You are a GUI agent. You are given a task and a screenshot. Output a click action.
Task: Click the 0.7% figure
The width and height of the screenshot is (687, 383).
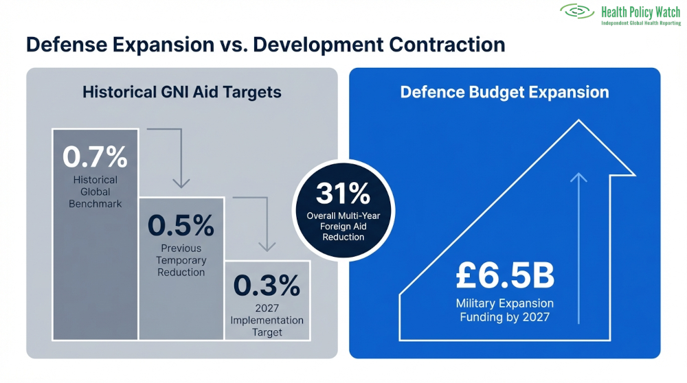click(x=95, y=157)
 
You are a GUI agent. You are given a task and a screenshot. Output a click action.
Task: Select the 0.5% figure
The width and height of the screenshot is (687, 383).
click(x=181, y=225)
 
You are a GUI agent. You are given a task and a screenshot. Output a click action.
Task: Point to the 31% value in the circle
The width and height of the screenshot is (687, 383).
click(x=343, y=194)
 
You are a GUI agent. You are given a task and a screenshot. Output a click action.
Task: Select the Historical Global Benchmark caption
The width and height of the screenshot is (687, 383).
click(x=95, y=191)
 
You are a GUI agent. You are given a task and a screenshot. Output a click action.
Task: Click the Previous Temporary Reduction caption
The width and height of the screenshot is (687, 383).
click(x=181, y=260)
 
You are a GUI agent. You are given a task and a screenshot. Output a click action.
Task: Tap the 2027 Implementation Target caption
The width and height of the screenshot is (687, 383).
click(x=267, y=321)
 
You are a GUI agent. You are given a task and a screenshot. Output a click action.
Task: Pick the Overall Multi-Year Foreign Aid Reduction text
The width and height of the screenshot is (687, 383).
click(x=343, y=227)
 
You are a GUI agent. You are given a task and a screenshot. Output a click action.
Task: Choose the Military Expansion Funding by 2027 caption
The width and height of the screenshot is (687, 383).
click(x=504, y=310)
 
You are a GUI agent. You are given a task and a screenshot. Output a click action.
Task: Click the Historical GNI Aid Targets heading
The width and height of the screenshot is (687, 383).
click(x=182, y=92)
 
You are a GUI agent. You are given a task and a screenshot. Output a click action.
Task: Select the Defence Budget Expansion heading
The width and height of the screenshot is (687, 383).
click(x=504, y=92)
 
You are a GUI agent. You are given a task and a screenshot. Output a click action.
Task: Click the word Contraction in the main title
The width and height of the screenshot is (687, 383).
click(x=447, y=45)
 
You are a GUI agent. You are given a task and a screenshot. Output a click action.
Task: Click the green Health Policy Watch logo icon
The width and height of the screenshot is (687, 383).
click(x=577, y=11)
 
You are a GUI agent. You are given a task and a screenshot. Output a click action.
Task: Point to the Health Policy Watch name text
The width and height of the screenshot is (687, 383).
click(x=640, y=12)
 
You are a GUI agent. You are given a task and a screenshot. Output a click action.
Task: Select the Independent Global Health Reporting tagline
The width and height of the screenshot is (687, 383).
click(x=640, y=23)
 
